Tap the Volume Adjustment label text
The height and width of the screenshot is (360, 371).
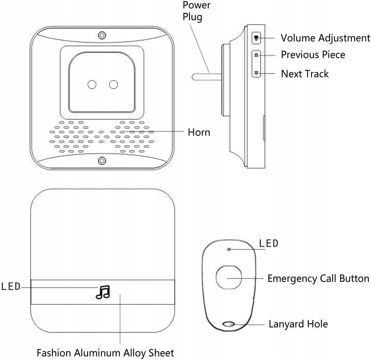point(325,38)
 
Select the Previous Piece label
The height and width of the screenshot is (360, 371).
point(313,54)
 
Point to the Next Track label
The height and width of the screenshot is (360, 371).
point(305,74)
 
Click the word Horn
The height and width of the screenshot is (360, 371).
point(199,132)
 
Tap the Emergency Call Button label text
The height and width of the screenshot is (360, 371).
point(318,279)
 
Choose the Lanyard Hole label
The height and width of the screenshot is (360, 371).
point(298,324)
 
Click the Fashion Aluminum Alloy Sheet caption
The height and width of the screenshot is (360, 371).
point(105,353)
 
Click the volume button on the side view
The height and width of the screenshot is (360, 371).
point(256,38)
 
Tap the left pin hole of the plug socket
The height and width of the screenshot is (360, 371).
point(92,84)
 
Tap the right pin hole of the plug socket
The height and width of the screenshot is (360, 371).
point(113,84)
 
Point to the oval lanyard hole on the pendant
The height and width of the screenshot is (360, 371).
point(229,324)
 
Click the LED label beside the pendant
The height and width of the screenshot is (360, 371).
point(268,243)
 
